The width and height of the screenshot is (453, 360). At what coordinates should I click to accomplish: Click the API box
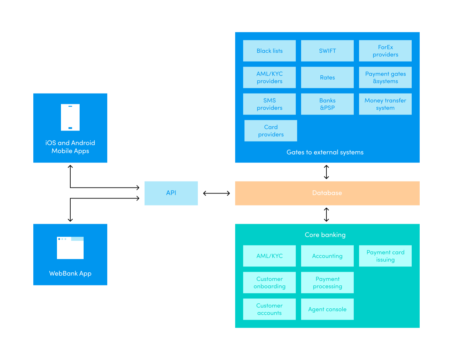click(x=171, y=193)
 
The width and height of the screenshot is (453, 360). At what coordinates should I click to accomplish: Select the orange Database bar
click(x=327, y=193)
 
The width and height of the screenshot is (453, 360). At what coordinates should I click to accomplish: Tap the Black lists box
click(x=269, y=51)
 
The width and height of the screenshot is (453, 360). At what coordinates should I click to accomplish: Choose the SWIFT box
click(x=327, y=51)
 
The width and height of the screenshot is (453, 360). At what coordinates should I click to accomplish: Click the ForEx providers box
click(x=385, y=51)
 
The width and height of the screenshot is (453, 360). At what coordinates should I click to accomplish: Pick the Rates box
click(x=327, y=78)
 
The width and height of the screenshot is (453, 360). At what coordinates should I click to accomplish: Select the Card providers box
click(x=270, y=131)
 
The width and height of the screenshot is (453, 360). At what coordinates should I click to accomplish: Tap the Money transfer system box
click(x=385, y=104)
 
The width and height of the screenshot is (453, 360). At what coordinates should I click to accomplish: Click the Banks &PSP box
click(x=327, y=104)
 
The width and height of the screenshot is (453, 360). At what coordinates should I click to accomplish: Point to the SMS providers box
click(x=269, y=104)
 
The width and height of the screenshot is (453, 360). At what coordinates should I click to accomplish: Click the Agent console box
click(x=327, y=309)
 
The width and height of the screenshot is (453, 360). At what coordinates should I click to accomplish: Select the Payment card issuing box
click(x=385, y=256)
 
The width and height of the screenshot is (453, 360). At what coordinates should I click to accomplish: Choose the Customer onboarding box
click(x=269, y=283)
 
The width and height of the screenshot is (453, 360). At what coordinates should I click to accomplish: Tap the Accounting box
click(x=327, y=256)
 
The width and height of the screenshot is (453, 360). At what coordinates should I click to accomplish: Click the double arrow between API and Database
click(x=217, y=193)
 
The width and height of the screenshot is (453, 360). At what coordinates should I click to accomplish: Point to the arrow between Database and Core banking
click(x=326, y=214)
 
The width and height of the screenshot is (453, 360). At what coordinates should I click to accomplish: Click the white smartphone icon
click(x=70, y=117)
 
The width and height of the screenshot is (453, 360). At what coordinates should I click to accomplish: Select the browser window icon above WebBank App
click(x=70, y=248)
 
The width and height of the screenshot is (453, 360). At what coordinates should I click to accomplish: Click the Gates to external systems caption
click(x=325, y=153)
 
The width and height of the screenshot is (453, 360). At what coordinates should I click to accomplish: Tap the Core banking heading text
click(x=325, y=235)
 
